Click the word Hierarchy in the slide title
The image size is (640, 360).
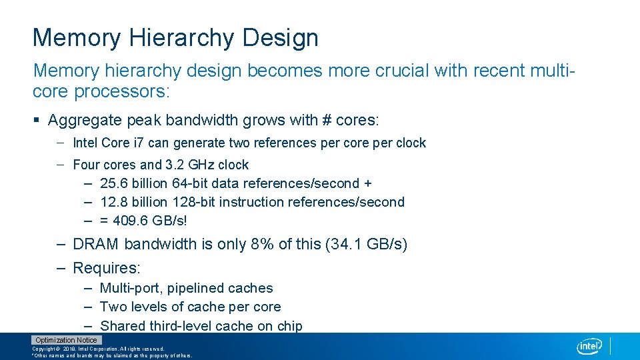pos(180,38)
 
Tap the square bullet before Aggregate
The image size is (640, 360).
pos(37,121)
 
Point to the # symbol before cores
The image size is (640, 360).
pos(309,121)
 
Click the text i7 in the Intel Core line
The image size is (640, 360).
pos(139,143)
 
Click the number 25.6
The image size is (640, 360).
pos(113,183)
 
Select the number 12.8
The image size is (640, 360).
pos(113,202)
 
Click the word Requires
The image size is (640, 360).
pos(105,268)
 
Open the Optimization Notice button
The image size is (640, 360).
pos(66,340)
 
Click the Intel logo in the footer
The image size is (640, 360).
pos(589,346)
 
